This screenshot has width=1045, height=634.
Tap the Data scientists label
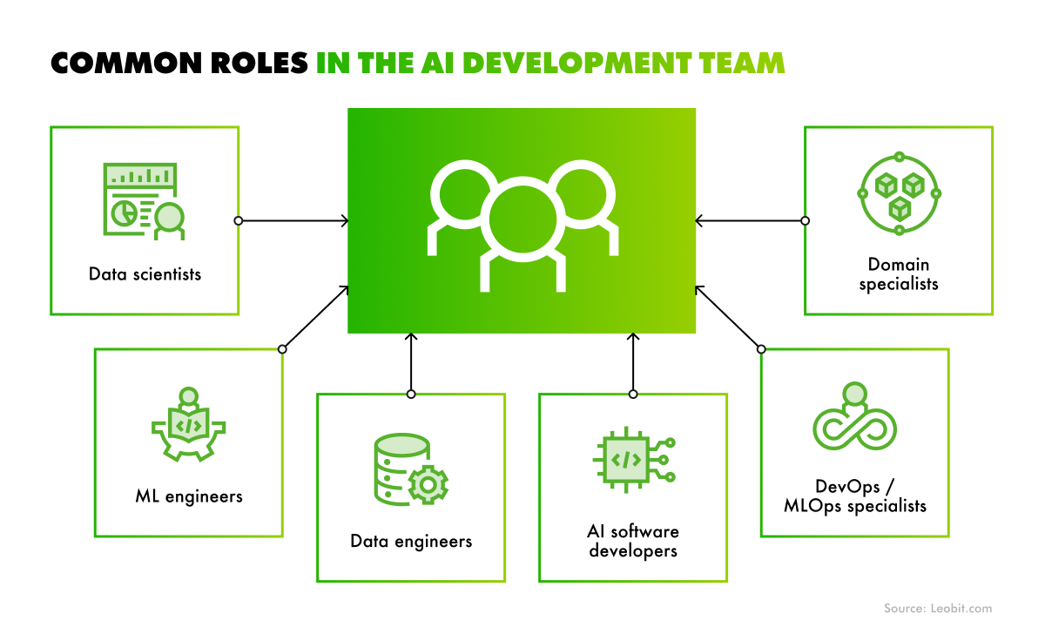click(145, 274)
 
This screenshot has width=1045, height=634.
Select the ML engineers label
click(189, 496)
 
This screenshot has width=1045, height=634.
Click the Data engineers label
click(411, 541)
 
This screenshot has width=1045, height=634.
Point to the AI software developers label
click(632, 541)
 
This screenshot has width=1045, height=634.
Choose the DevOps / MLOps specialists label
click(854, 496)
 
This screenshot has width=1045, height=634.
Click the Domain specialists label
click(898, 274)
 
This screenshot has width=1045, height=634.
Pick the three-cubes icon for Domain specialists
click(899, 193)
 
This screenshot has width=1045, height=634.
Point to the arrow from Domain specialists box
click(750, 221)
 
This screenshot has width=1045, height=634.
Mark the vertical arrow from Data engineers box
click(411, 363)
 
